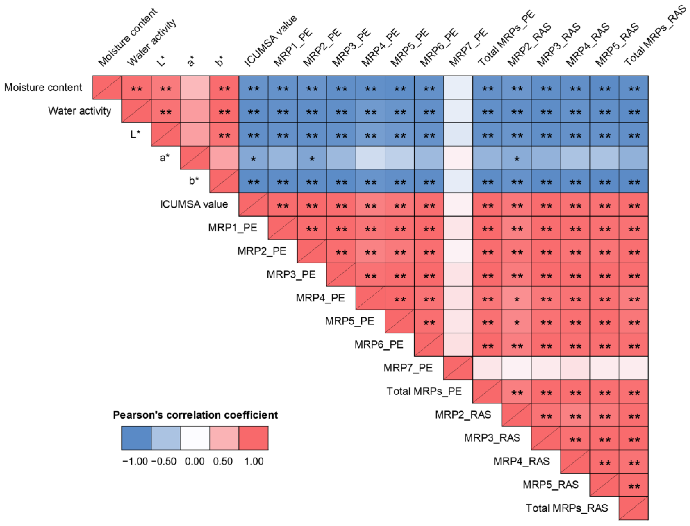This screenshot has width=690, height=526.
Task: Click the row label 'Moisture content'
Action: (x=43, y=87)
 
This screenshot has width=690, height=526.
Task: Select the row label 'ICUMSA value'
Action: (x=194, y=204)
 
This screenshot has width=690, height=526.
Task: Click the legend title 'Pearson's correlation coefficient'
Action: (x=195, y=415)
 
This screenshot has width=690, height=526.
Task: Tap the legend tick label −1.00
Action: (x=135, y=461)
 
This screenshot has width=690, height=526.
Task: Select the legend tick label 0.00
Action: (x=195, y=461)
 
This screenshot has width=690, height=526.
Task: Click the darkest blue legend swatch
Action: (x=136, y=438)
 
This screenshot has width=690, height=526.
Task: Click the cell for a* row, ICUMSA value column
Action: (x=253, y=158)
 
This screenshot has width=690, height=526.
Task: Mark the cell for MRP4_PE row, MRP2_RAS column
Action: (x=517, y=298)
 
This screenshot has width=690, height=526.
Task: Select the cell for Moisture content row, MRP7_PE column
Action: (x=458, y=88)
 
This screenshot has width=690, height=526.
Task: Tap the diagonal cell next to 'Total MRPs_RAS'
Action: (x=634, y=508)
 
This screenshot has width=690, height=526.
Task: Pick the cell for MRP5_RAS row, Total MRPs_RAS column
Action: (x=634, y=485)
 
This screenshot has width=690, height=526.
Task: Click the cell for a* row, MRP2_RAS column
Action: (x=517, y=158)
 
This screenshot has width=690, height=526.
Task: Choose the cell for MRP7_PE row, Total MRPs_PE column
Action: (x=488, y=368)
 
